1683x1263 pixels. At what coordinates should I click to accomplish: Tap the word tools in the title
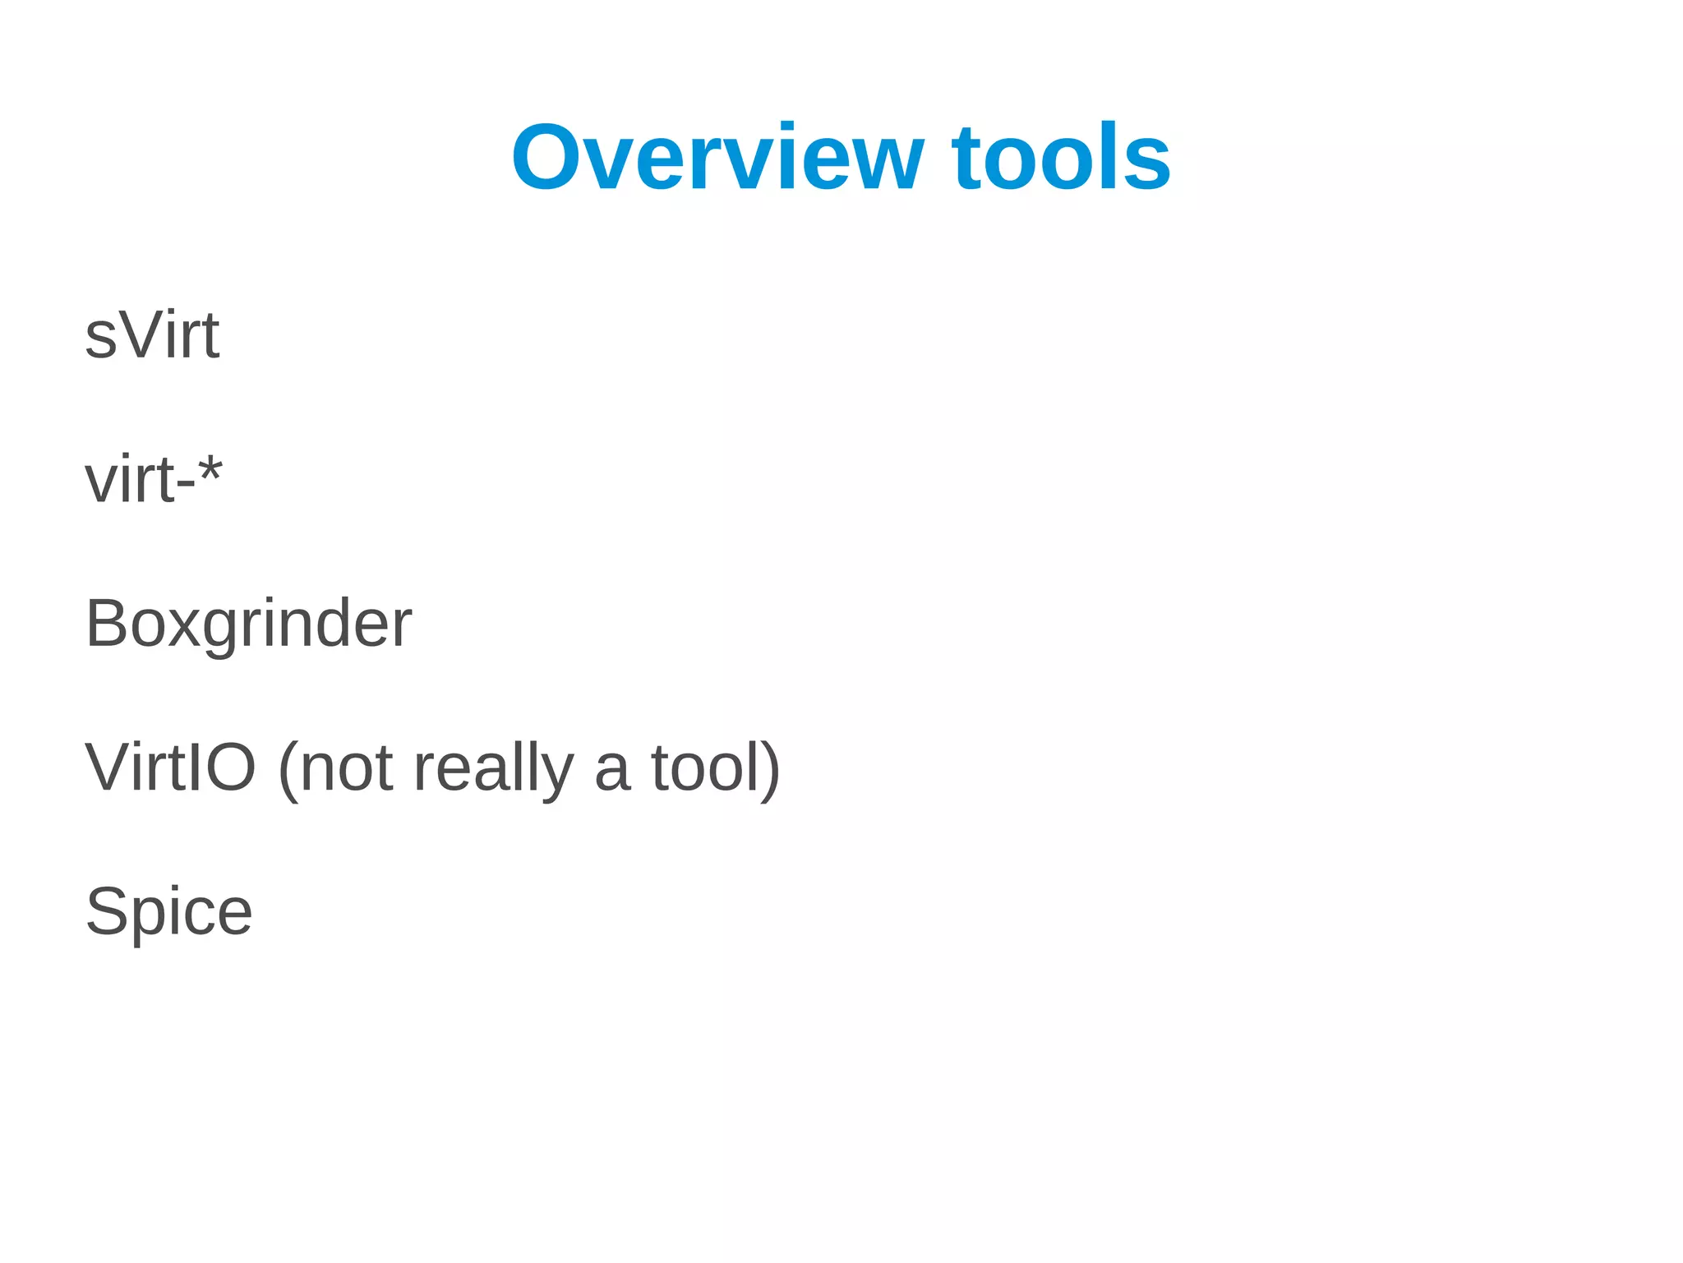click(x=1061, y=158)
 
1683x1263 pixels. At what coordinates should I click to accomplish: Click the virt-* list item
click(x=153, y=480)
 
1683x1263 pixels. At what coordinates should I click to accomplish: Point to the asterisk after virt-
click(x=210, y=471)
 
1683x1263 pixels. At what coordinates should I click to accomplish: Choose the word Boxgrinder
click(x=248, y=624)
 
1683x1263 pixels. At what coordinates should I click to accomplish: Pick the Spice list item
click(x=169, y=912)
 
